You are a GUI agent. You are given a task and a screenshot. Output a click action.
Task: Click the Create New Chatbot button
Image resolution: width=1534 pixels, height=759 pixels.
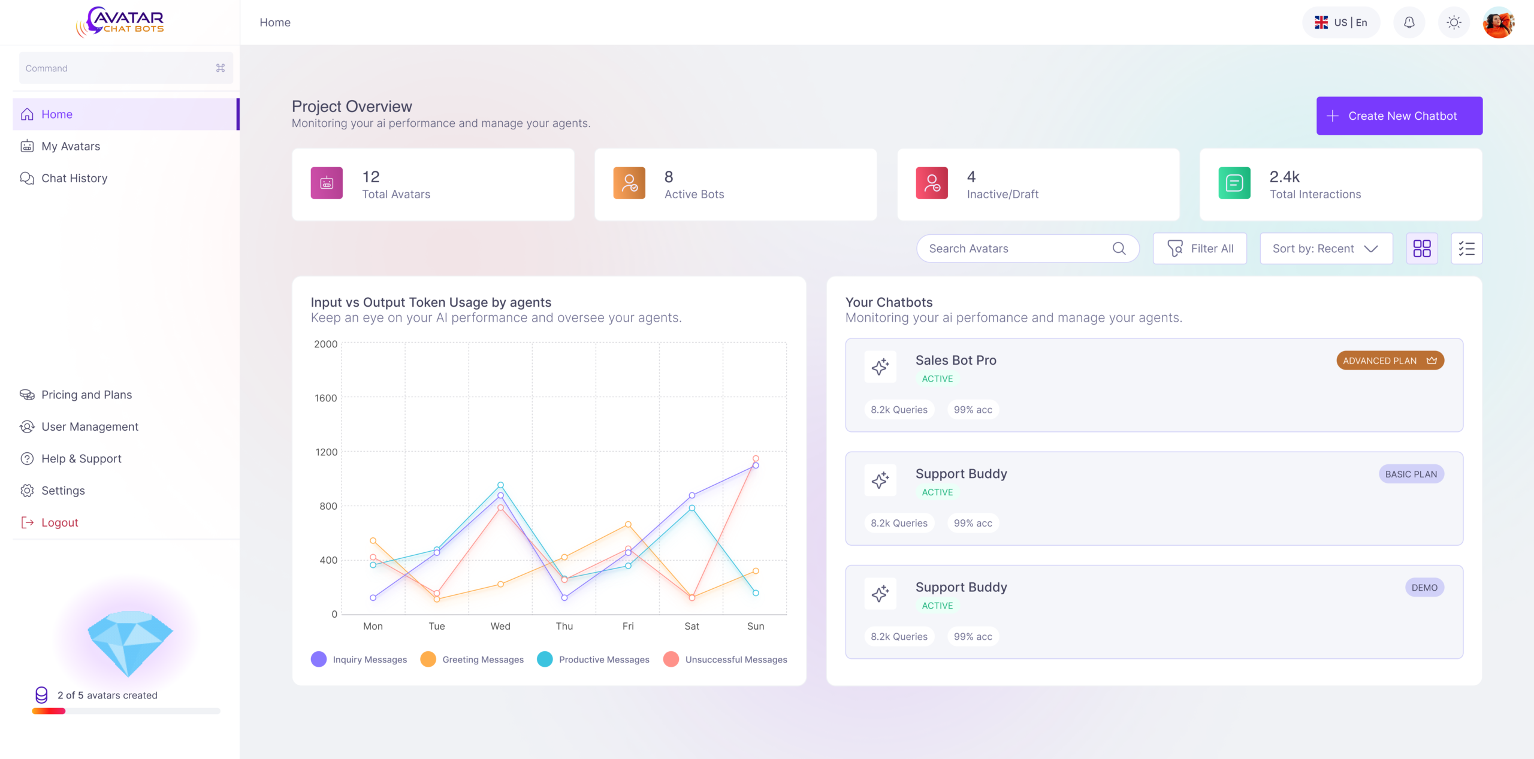pos(1399,116)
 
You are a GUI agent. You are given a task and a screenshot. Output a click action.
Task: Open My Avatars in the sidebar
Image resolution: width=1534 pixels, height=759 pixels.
pos(70,146)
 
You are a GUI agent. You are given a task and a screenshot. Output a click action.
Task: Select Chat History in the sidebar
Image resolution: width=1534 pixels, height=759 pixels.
pos(74,178)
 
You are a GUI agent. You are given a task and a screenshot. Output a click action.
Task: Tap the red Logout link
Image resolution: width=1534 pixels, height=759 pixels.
pos(59,522)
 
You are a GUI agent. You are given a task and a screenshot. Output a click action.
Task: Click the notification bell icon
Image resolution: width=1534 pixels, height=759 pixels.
pos(1409,22)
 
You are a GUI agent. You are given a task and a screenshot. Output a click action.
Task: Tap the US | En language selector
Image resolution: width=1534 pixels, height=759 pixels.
pos(1341,22)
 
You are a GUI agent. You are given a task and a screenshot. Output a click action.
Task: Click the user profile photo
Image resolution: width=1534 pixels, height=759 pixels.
pos(1498,22)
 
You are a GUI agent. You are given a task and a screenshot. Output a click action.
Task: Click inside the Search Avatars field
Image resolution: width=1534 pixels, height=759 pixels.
pos(1019,249)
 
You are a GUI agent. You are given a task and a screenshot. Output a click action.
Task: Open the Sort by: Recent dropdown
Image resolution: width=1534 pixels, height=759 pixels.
pos(1325,249)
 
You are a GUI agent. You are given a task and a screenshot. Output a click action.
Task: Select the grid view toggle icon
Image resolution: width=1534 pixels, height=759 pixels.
pos(1421,249)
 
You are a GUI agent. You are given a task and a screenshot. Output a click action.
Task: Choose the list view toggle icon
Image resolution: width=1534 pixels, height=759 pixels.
pos(1466,249)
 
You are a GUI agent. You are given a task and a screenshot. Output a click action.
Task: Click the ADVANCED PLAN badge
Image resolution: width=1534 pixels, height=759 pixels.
pos(1390,361)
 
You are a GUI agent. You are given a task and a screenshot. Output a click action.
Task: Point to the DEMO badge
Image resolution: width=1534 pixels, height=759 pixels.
pos(1424,588)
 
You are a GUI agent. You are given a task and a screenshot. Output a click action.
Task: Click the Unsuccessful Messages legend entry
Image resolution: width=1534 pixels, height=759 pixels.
pos(726,660)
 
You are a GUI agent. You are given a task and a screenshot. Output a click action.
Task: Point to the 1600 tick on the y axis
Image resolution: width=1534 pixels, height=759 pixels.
pos(326,398)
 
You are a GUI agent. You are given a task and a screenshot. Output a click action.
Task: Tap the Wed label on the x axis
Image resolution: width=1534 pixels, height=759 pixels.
pos(500,626)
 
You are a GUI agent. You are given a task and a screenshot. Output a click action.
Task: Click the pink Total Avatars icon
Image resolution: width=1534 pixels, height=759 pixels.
pos(327,183)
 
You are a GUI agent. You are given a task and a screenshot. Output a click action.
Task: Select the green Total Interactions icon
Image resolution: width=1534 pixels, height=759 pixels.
pos(1234,183)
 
